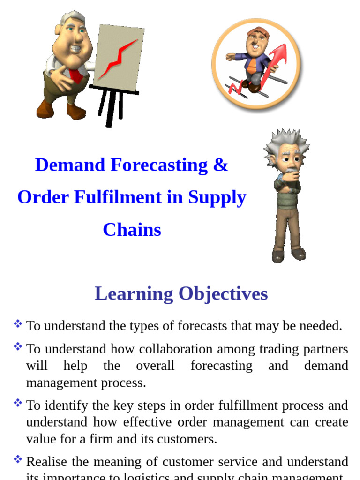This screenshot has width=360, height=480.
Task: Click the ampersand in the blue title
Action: (220, 165)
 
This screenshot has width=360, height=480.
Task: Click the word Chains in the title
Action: (132, 230)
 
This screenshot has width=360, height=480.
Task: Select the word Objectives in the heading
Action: (223, 294)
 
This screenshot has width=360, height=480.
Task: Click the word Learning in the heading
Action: (134, 294)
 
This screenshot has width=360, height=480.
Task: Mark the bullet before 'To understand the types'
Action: (18, 323)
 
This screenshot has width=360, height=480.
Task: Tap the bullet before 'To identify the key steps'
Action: (18, 403)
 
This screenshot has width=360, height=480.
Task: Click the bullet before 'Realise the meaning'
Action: (18, 459)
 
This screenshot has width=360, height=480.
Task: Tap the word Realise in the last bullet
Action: (46, 462)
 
